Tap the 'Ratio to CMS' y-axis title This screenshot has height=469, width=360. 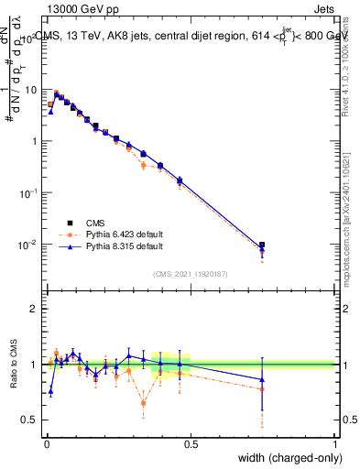[x=15, y=365]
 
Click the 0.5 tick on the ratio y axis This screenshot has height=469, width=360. [x=30, y=420]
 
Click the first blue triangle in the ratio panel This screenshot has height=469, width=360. [x=50, y=391]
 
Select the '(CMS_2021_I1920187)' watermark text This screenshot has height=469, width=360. [x=191, y=274]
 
